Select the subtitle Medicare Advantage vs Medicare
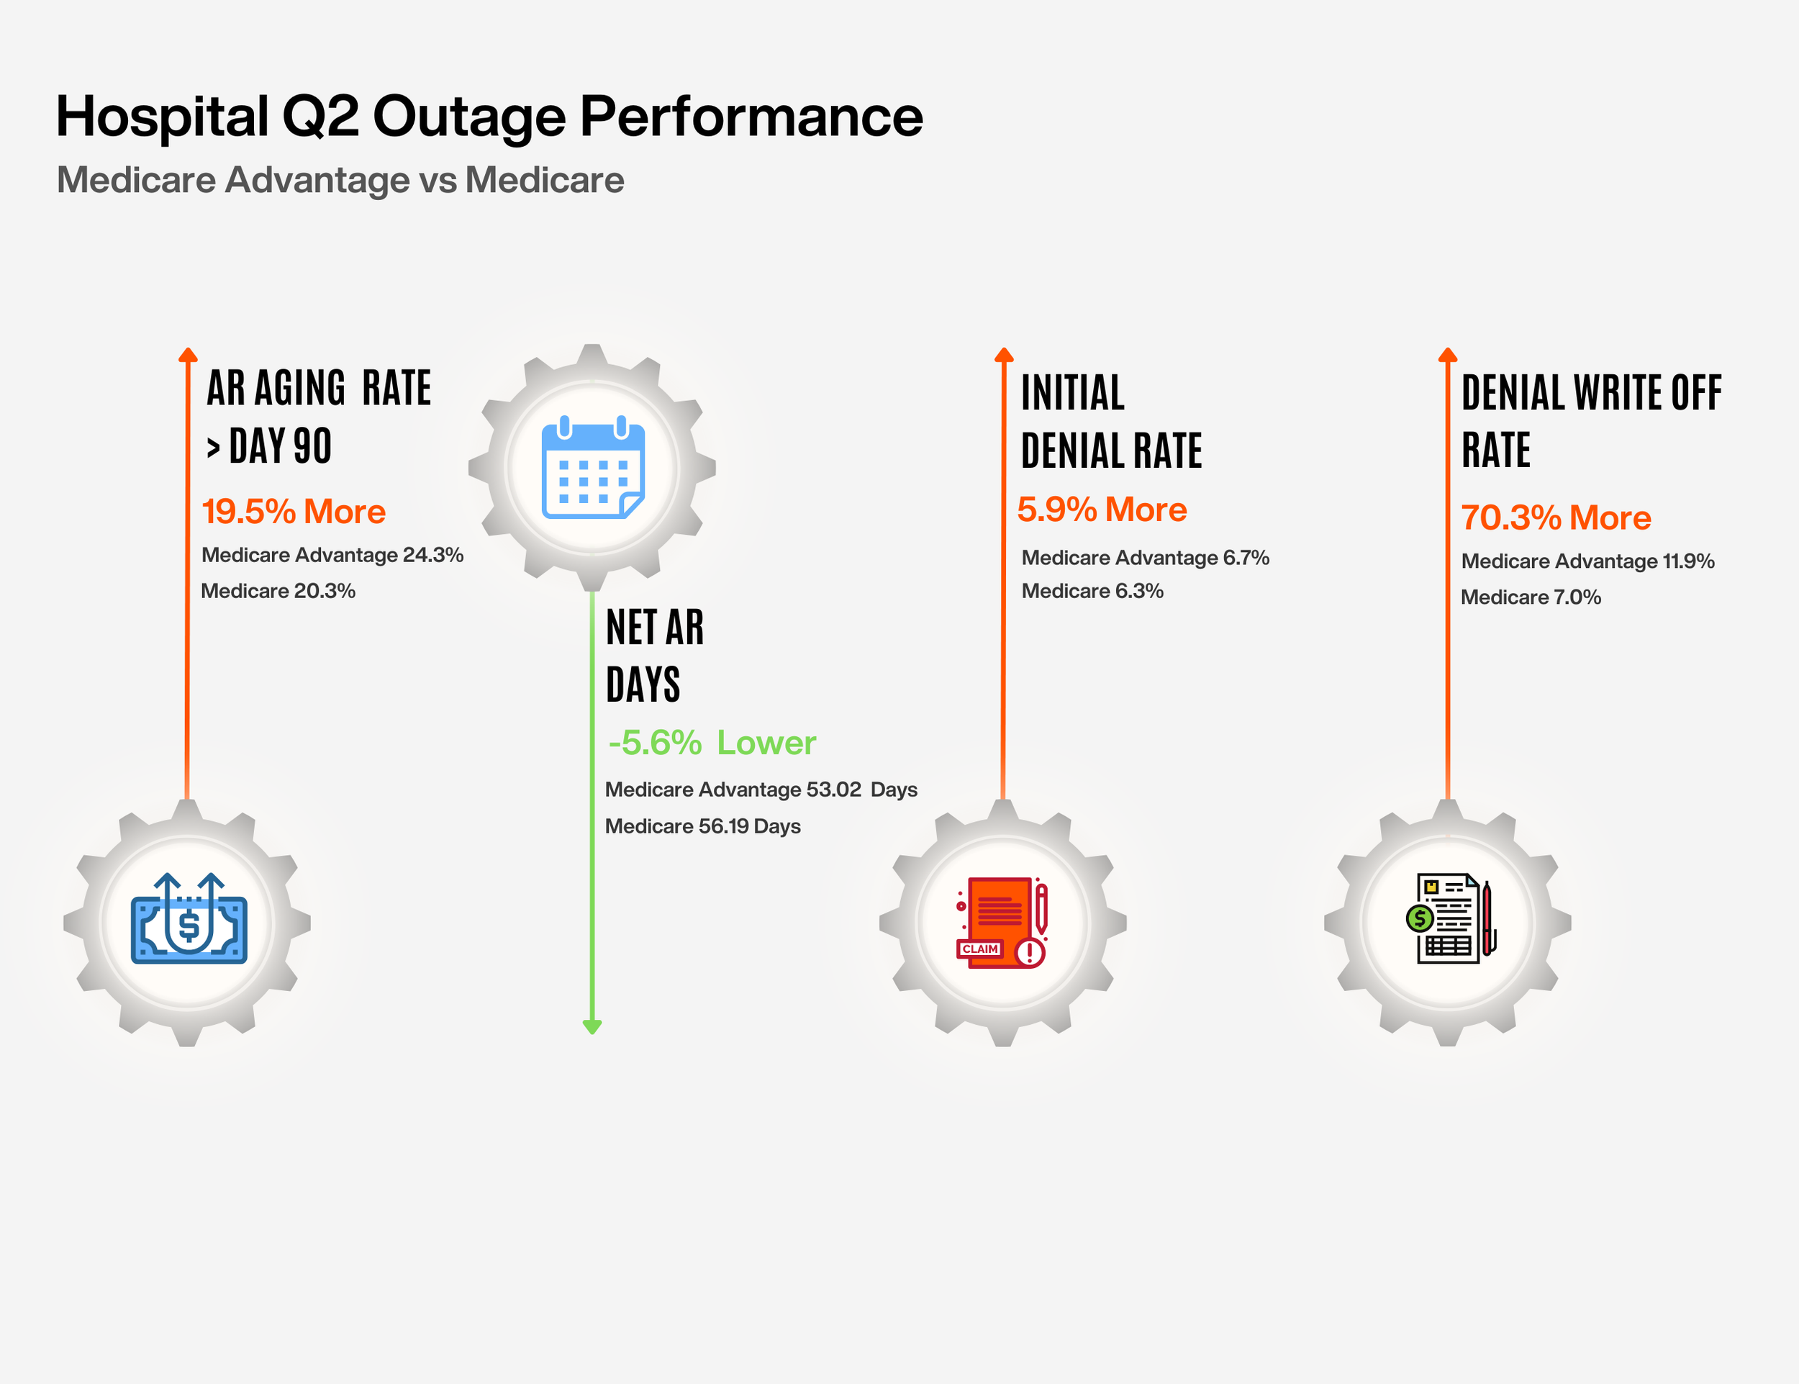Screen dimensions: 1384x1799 (340, 180)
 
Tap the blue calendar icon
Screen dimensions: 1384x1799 (592, 468)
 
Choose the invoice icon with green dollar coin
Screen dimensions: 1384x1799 (1449, 918)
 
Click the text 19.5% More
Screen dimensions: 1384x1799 (294, 512)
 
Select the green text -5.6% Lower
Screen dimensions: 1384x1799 (712, 742)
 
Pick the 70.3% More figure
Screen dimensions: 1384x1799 (1555, 517)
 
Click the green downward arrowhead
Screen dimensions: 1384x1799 (592, 1026)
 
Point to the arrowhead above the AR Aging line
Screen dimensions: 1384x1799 (188, 355)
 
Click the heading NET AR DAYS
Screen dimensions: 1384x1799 (654, 655)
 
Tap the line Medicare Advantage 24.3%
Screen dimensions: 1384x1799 (332, 554)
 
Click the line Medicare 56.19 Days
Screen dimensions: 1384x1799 (702, 826)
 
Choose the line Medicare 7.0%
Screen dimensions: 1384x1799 (1531, 597)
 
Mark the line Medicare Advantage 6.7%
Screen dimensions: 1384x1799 (1145, 558)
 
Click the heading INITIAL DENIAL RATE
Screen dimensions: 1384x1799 (1110, 421)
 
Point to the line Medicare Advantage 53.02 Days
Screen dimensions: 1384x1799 (761, 790)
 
